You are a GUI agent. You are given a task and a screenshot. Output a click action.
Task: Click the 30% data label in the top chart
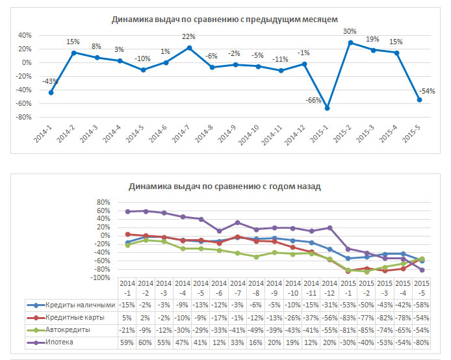(350, 31)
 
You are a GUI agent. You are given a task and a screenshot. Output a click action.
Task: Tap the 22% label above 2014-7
(188, 37)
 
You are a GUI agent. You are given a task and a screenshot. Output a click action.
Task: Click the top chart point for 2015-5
(419, 100)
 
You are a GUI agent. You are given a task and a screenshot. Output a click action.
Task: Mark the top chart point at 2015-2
(350, 43)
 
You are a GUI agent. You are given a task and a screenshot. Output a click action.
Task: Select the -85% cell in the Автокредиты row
(367, 329)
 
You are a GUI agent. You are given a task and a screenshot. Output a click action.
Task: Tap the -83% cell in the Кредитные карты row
(348, 317)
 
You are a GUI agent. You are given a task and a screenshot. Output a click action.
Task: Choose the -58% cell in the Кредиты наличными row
(422, 305)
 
